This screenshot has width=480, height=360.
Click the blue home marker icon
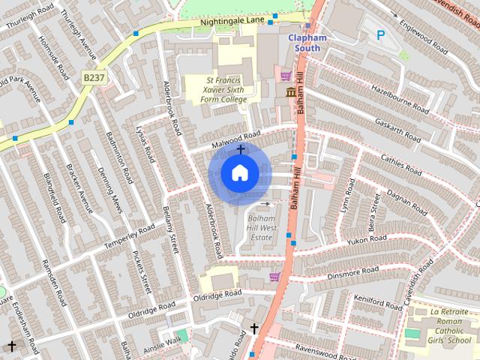coord(239,173)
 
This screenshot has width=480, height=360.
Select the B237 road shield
coord(94,77)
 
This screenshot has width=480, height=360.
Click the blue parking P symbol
coord(380,34)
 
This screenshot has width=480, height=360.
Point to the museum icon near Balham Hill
coord(290,92)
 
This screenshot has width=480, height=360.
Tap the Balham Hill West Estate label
coord(260,227)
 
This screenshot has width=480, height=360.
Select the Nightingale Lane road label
coord(232,22)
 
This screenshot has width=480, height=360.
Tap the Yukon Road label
coord(367,239)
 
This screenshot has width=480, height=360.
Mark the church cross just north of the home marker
coord(240,149)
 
